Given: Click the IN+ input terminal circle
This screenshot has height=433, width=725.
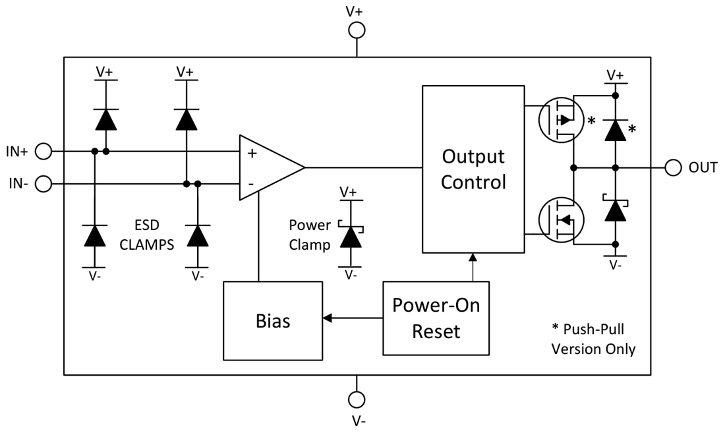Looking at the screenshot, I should (x=43, y=152).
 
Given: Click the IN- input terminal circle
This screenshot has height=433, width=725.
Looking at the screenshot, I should (x=43, y=183).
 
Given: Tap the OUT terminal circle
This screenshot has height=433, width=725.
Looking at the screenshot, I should (x=673, y=167).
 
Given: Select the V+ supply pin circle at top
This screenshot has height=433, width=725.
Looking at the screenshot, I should (x=357, y=30).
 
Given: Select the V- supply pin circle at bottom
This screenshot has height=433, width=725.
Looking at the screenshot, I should (x=357, y=400).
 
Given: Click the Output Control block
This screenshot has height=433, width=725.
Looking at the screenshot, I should (x=473, y=169).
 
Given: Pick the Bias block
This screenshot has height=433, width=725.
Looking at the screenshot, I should (x=273, y=322).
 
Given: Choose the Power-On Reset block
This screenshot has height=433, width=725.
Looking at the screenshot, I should (x=436, y=318).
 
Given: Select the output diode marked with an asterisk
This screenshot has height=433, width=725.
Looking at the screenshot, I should (x=615, y=130).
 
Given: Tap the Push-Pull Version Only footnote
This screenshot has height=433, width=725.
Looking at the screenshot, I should (x=593, y=339).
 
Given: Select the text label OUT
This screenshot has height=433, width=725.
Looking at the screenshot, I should (x=703, y=168).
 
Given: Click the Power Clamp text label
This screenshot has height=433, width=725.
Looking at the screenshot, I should (x=310, y=234).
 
